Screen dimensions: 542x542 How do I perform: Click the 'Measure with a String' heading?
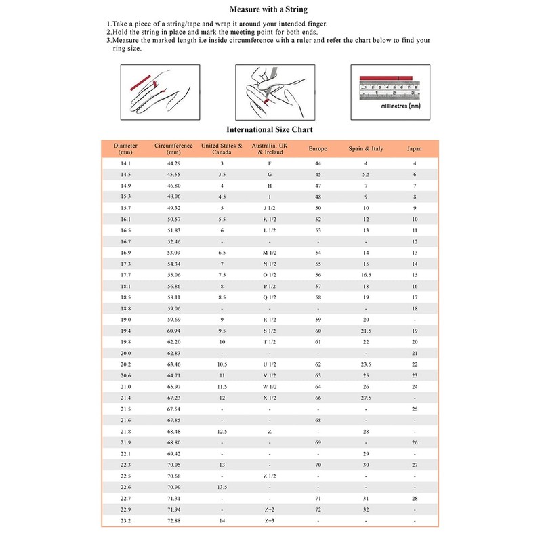(x=269, y=9)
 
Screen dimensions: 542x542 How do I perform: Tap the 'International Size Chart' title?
(x=269, y=129)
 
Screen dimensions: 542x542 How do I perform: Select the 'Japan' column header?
(x=415, y=148)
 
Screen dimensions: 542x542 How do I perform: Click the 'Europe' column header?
(x=318, y=148)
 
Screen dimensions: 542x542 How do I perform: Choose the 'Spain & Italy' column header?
(x=366, y=148)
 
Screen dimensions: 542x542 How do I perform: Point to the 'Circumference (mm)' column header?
(x=173, y=148)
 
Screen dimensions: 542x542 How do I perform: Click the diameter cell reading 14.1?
(x=125, y=164)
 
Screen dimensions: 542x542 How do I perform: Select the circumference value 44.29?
(x=173, y=164)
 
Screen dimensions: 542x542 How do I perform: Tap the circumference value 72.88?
(x=173, y=520)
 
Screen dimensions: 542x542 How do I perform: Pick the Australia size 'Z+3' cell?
(x=270, y=520)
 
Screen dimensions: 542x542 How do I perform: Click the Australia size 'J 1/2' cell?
(x=270, y=208)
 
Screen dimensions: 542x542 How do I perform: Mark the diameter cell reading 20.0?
(x=125, y=353)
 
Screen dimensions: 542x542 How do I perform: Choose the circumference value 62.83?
(x=173, y=353)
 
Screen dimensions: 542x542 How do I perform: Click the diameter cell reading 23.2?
(x=125, y=520)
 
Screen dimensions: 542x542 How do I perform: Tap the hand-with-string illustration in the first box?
(x=154, y=92)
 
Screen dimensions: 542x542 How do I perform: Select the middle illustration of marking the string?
(x=270, y=92)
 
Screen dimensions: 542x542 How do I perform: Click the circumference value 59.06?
(x=173, y=308)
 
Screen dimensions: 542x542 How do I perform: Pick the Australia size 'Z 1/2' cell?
(x=270, y=476)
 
